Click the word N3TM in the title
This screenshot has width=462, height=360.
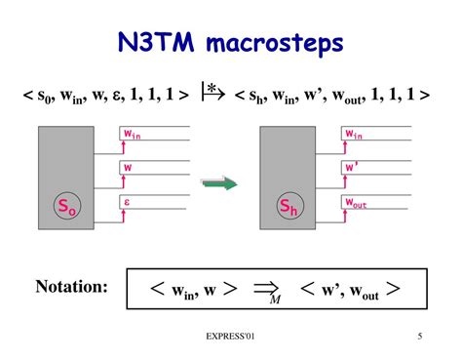coord(155,44)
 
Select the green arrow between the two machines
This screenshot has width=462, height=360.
coord(219,181)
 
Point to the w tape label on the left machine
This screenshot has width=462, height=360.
coord(127,167)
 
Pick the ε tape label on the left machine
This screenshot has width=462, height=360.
coord(127,201)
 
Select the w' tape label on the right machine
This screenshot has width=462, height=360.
coord(353,167)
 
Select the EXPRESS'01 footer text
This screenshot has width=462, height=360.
coord(230,337)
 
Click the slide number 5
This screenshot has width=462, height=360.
coord(419,337)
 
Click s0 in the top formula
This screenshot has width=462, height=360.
coord(42,99)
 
